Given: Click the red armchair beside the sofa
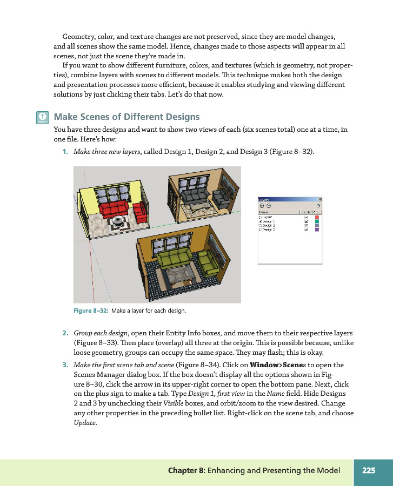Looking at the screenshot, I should click(x=140, y=211).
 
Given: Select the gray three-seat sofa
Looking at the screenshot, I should click(x=195, y=194).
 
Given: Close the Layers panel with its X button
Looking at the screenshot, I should click(x=319, y=199).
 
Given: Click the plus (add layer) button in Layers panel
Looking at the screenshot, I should click(x=262, y=206).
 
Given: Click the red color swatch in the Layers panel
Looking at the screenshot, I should click(x=317, y=217).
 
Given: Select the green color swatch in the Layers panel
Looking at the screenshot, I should click(x=317, y=221).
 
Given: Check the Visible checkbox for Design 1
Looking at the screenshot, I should click(x=307, y=221).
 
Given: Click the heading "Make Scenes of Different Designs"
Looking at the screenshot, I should click(x=127, y=117).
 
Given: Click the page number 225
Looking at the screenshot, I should click(x=369, y=470).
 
